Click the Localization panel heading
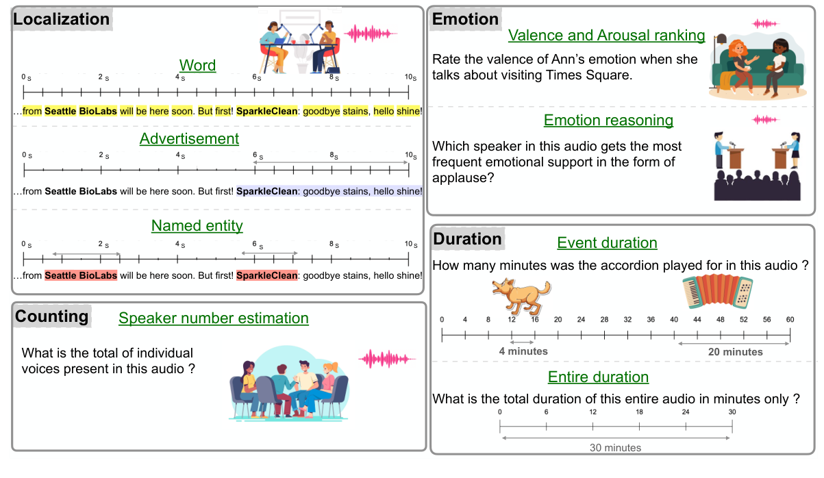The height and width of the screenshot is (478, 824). tap(62, 19)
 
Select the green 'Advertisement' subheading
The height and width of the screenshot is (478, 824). tap(189, 138)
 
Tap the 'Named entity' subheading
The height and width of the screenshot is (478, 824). tap(197, 225)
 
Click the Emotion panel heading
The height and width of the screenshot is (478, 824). tap(465, 19)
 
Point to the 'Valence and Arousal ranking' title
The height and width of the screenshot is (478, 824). tap(606, 35)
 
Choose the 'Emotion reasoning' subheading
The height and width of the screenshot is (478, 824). tap(608, 121)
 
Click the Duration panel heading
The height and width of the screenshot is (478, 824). tap(468, 239)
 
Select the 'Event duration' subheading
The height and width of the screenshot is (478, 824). tap(607, 243)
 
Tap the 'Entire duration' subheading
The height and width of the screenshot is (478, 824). tap(598, 377)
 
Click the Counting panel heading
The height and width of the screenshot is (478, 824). tap(52, 316)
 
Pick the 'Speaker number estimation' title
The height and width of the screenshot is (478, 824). tap(214, 318)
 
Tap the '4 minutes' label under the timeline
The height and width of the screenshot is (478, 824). tap(523, 351)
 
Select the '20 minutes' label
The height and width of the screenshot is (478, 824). tap(734, 351)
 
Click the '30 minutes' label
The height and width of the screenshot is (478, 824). tap(615, 448)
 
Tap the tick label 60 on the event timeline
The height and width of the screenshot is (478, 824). tap(790, 320)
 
